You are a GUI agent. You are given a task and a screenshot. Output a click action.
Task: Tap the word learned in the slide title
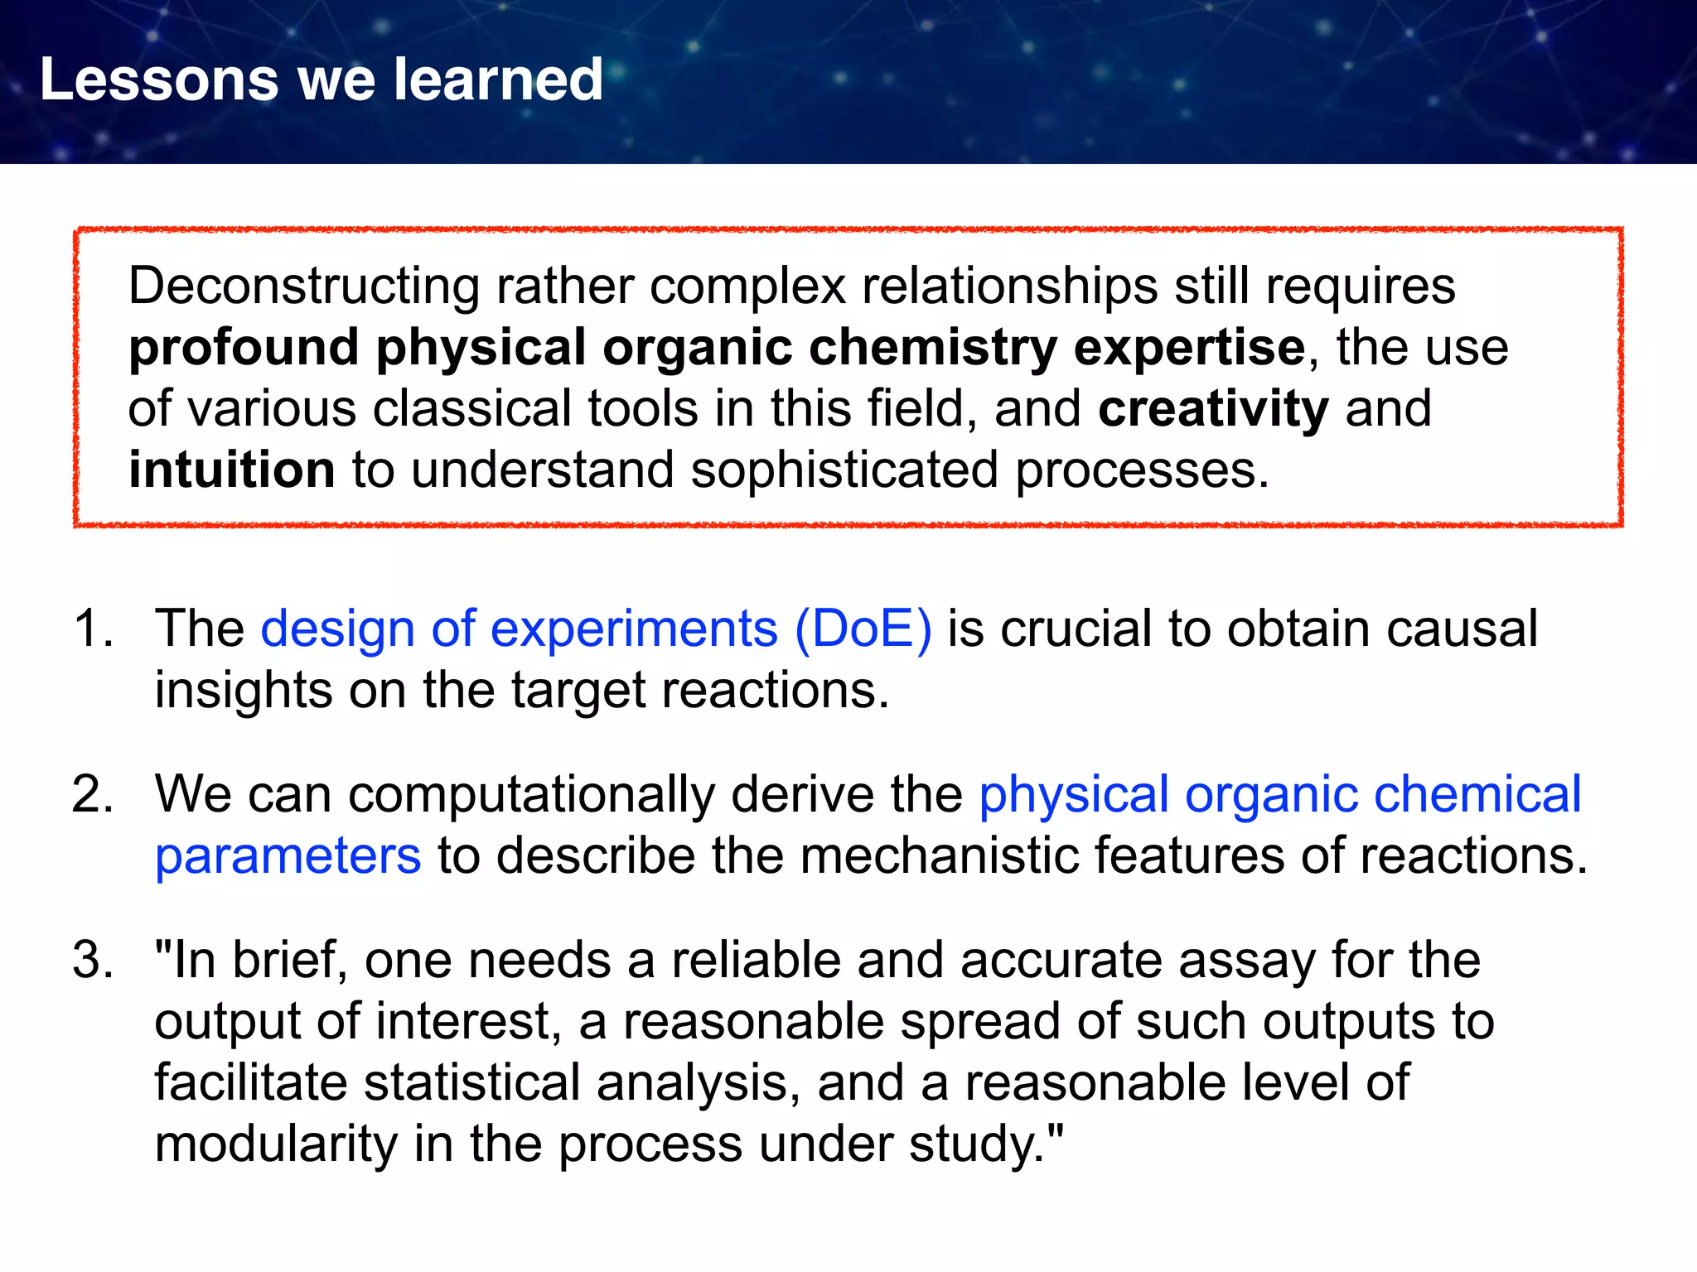coord(498,80)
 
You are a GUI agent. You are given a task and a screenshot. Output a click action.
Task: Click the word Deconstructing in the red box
coord(303,287)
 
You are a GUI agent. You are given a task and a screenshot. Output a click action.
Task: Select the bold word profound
coord(244,348)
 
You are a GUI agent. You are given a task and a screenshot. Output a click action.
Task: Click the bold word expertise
coord(1190,348)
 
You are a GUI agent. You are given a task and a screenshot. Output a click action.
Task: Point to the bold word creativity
coord(1213,409)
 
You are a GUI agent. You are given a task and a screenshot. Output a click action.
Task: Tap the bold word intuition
coord(231,470)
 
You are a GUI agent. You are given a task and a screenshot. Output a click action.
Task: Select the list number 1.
coord(90,628)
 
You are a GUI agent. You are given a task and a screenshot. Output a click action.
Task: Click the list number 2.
coord(90,794)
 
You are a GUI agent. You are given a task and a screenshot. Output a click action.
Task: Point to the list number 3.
coord(90,961)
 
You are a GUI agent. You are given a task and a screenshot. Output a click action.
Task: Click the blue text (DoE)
coord(863,629)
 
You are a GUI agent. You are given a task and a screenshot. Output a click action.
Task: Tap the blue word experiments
coord(634,629)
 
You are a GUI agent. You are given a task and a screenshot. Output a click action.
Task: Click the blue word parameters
coord(288,856)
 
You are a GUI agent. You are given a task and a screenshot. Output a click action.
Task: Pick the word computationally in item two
coord(530,795)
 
